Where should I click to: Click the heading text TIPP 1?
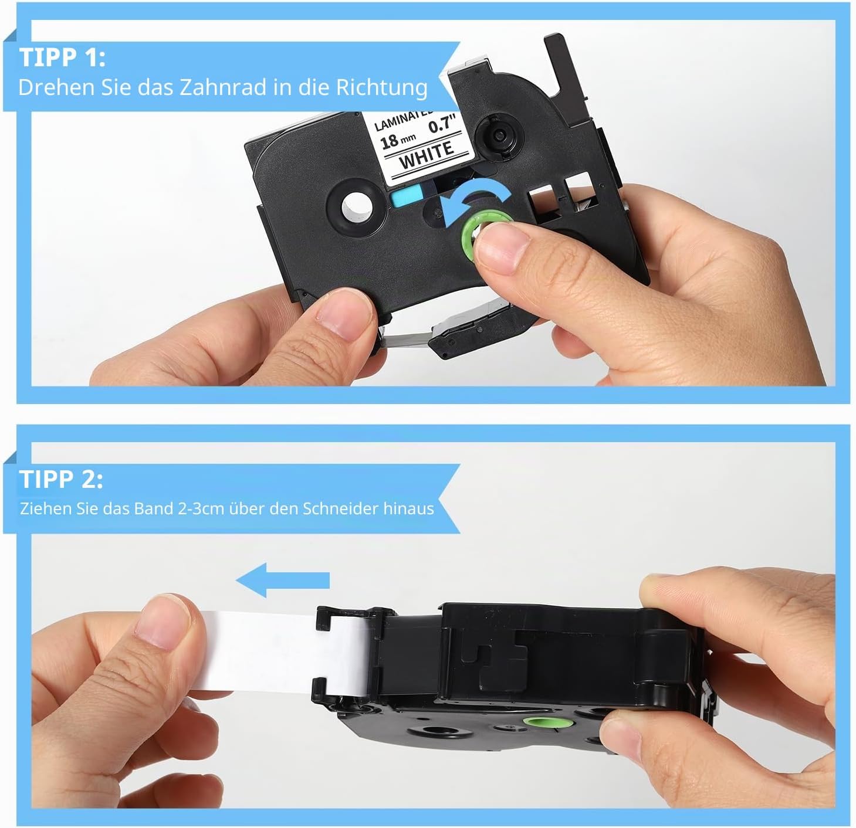tap(62, 57)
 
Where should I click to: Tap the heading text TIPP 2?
tap(61, 479)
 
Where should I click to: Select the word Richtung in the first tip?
tap(382, 88)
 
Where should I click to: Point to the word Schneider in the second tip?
tap(340, 508)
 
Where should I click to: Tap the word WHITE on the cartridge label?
tap(426, 155)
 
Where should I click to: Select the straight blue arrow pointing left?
tap(283, 580)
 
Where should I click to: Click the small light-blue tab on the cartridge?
tap(407, 196)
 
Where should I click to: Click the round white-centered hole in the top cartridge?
tap(357, 206)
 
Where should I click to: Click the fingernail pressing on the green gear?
tap(502, 247)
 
